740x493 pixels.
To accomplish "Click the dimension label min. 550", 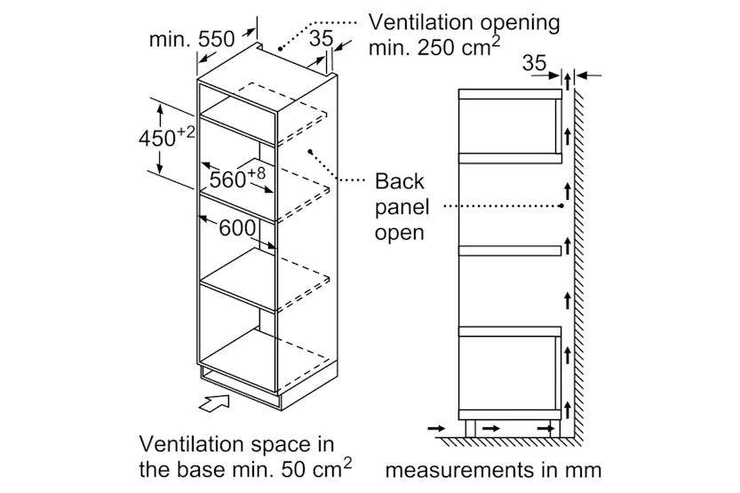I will click(191, 39).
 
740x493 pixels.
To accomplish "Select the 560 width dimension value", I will click(227, 180).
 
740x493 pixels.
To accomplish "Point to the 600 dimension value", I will click(237, 227).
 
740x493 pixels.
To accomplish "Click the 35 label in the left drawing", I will click(322, 39).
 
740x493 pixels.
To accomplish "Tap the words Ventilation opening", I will click(465, 22).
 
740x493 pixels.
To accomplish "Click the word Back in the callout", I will click(400, 182).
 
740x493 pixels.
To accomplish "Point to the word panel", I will click(402, 208).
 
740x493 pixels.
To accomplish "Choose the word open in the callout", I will click(399, 234).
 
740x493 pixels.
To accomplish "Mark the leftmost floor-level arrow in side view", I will click(438, 429).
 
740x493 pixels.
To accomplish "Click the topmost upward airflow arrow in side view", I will click(565, 133).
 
